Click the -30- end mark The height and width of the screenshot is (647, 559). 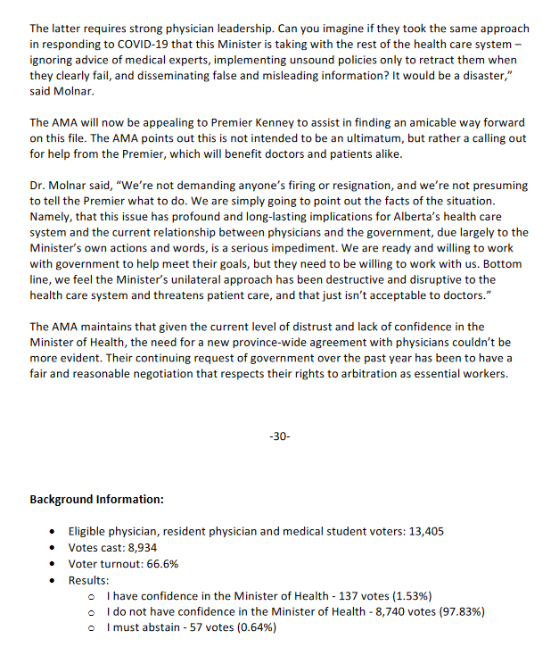(x=279, y=438)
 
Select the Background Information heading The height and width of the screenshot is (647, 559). (x=96, y=499)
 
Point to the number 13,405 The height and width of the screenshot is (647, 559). (x=423, y=532)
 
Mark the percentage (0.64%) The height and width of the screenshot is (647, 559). (x=253, y=628)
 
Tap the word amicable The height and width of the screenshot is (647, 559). (x=425, y=122)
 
